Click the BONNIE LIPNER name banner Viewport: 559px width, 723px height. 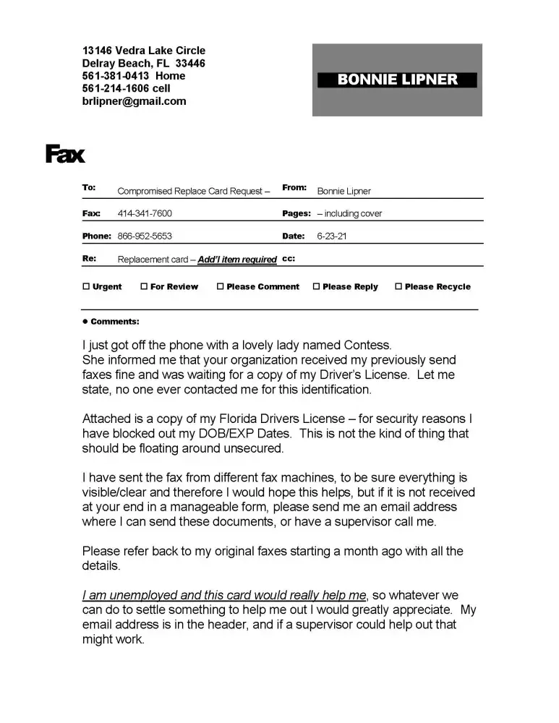point(397,80)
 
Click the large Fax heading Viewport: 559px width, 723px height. point(65,154)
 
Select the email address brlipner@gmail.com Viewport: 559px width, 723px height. point(134,101)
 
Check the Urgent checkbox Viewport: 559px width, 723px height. point(86,286)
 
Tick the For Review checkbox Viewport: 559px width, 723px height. point(144,286)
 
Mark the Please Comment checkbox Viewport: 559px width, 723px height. point(220,286)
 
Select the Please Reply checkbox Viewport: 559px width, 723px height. point(316,286)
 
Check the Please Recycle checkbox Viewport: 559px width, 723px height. point(398,286)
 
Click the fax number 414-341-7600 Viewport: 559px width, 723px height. point(145,214)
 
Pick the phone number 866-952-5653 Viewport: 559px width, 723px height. point(145,236)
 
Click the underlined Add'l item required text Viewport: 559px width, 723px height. point(237,260)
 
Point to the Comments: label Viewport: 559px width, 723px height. point(115,322)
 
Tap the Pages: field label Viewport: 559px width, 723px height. point(296,214)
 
